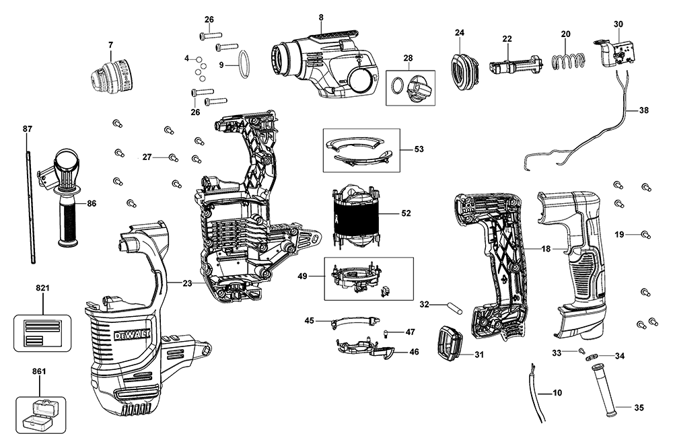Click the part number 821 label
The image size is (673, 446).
pyautogui.click(x=42, y=288)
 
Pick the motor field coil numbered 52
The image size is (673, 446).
pyautogui.click(x=355, y=213)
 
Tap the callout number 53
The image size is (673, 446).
pyautogui.click(x=419, y=149)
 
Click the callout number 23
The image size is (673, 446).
pyautogui.click(x=187, y=283)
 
